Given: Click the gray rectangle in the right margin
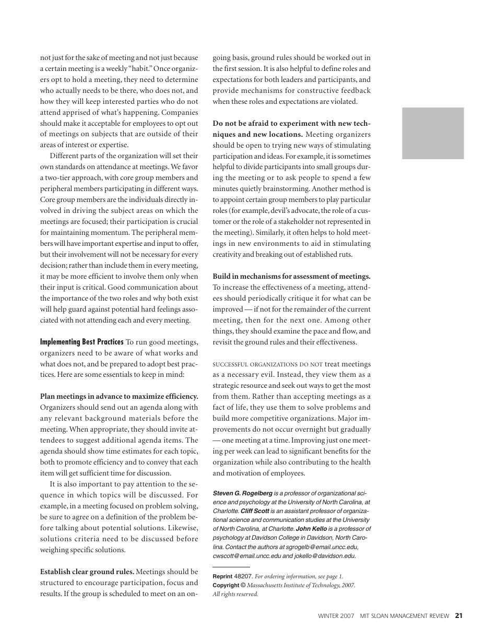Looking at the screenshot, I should [x=433, y=133].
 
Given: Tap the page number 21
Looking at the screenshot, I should [x=458, y=616].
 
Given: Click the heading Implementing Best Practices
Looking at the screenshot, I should [x=82, y=342].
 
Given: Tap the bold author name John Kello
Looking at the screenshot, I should [x=312, y=529].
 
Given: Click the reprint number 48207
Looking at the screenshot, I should [x=243, y=576].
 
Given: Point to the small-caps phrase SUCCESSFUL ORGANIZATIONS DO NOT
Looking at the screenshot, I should [x=267, y=364].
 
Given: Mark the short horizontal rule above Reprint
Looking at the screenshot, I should [x=231, y=567].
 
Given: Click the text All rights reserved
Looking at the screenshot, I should [x=235, y=594].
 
